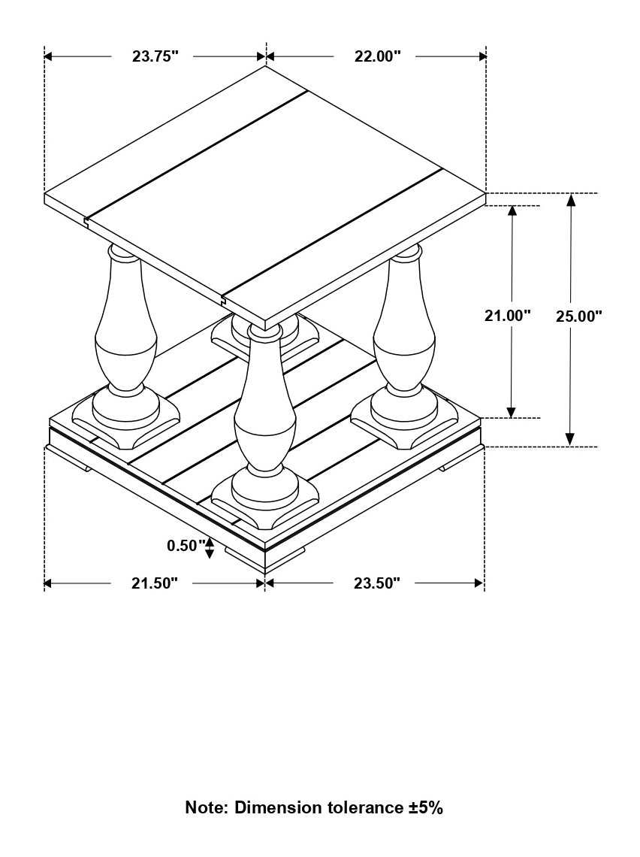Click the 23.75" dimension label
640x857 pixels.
click(x=155, y=56)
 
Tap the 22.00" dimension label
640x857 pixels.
click(x=377, y=56)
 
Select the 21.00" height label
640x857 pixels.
click(x=507, y=316)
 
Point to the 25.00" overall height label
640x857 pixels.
click(x=578, y=316)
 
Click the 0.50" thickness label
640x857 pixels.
click(x=185, y=546)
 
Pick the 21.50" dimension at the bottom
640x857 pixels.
click(x=155, y=583)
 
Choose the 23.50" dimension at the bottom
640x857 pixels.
click(x=376, y=583)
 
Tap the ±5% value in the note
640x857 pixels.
click(x=425, y=808)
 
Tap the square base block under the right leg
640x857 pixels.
click(x=404, y=417)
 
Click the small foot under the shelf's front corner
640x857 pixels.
click(x=264, y=555)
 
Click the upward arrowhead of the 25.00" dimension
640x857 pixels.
click(x=570, y=200)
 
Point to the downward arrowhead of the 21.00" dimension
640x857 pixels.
click(x=512, y=411)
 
